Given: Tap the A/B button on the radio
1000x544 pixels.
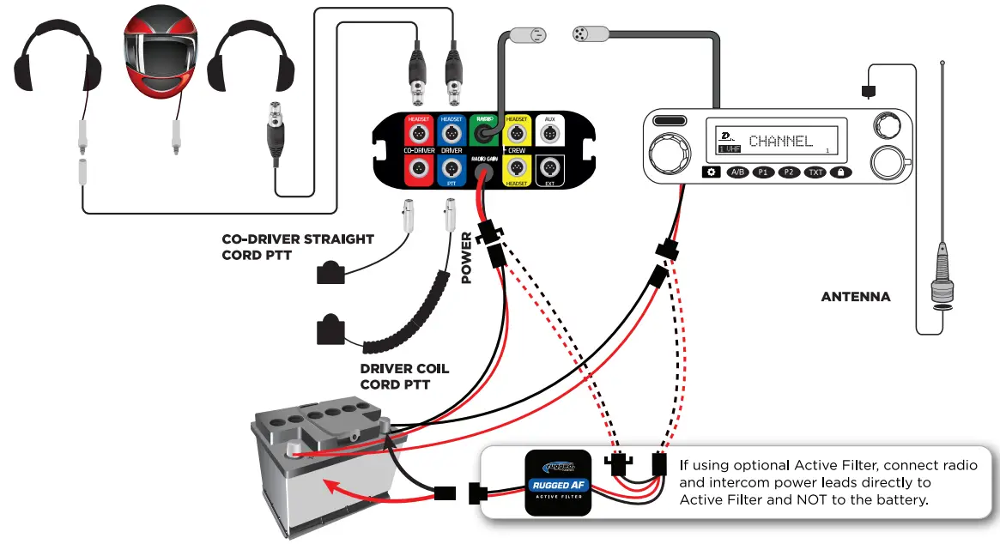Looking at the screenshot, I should [x=736, y=172].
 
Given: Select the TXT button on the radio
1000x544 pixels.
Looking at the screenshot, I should [x=815, y=172].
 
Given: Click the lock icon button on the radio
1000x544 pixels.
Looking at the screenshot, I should [x=841, y=172].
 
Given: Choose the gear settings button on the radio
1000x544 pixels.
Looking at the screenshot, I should [x=711, y=172].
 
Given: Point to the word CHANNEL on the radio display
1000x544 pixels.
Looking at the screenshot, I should [x=780, y=141].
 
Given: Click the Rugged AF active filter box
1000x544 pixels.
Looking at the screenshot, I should [x=558, y=482].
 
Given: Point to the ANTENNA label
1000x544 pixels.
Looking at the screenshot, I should [x=855, y=297].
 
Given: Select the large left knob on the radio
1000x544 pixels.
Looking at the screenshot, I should [x=669, y=154].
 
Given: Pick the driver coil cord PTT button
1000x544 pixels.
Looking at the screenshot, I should [x=330, y=329].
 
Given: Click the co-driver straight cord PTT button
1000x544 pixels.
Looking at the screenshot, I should [x=330, y=274].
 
